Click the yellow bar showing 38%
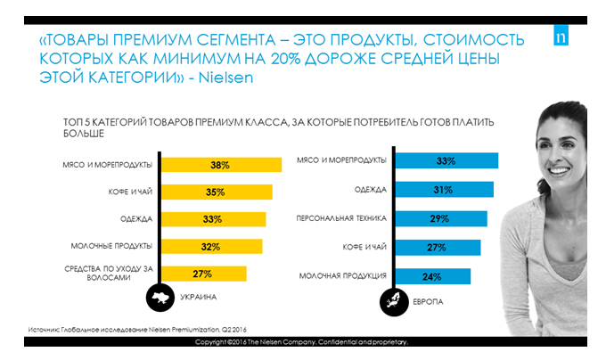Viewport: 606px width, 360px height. [x=217, y=166]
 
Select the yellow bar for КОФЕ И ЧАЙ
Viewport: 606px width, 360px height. [x=215, y=192]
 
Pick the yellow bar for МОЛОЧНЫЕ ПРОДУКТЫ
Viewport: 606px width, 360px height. [x=210, y=246]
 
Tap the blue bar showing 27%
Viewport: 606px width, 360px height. [x=437, y=247]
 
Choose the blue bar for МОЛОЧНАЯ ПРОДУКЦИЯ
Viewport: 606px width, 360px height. [x=432, y=275]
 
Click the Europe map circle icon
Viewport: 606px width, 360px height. [x=390, y=300]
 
